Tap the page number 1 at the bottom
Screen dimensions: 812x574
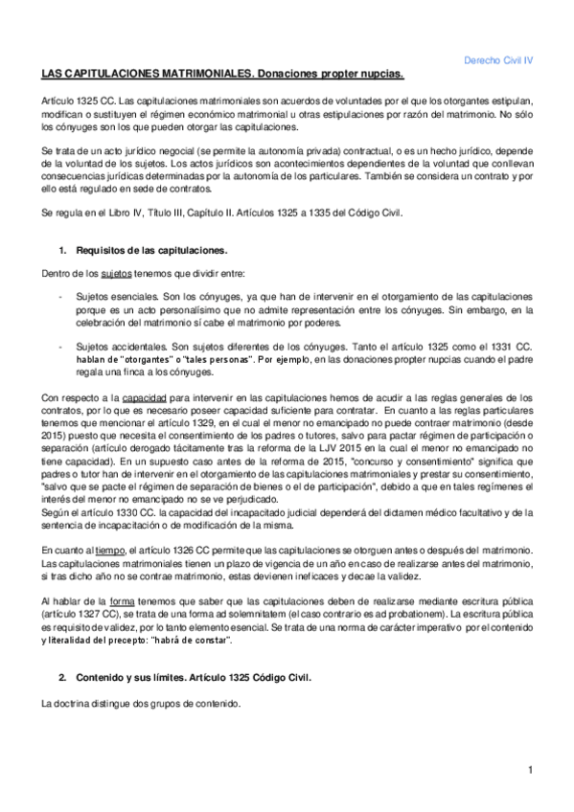(x=529, y=770)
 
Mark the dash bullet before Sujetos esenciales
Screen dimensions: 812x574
(x=60, y=300)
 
